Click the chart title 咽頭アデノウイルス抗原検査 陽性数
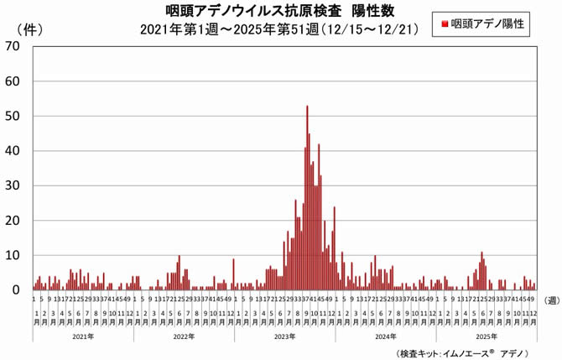coord(280,10)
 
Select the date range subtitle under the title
coord(280,30)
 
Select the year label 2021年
coord(83,336)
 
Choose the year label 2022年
coord(184,336)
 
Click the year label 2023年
coord(284,336)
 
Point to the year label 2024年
coord(385,336)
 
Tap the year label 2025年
coord(486,336)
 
